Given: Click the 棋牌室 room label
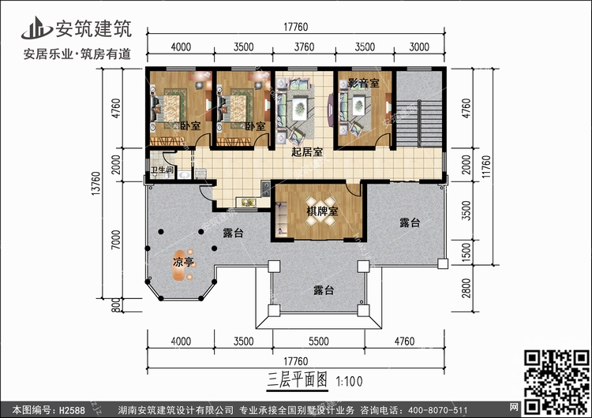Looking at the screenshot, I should click(x=323, y=211).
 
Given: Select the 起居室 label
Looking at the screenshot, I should click(x=306, y=152).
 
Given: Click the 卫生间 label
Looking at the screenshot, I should click(x=163, y=170).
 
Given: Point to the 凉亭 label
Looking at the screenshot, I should click(x=184, y=262).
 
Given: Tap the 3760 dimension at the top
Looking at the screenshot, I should click(x=305, y=47).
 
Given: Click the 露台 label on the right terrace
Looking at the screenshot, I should click(x=409, y=223).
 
